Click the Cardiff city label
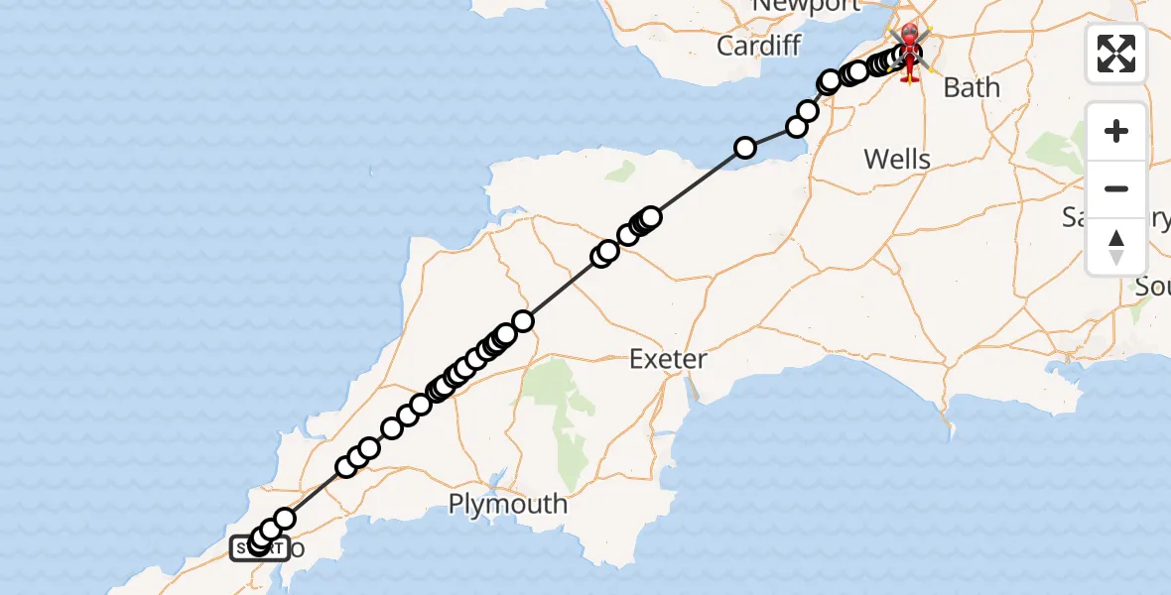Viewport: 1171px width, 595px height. [x=759, y=46]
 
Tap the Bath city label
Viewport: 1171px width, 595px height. [x=972, y=87]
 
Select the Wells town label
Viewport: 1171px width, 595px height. [x=897, y=159]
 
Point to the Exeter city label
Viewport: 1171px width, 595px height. [x=668, y=359]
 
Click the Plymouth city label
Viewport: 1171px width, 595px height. [x=508, y=504]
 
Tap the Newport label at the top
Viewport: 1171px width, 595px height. [x=806, y=6]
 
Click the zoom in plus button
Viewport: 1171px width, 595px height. [x=1116, y=131]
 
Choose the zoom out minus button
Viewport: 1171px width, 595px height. [x=1116, y=188]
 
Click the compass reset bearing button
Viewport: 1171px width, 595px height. [x=1116, y=246]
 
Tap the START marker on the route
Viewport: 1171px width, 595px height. [x=260, y=547]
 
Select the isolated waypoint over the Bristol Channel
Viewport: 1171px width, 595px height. [x=744, y=148]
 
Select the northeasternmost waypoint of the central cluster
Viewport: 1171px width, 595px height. [x=651, y=216]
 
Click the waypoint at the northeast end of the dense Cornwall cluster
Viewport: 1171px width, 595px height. [x=523, y=321]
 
